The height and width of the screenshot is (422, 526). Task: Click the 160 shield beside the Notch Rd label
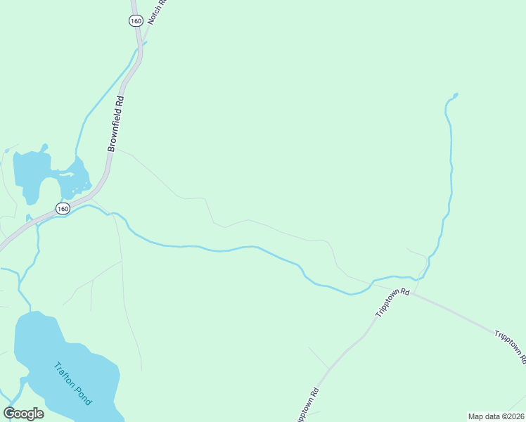pyautogui.click(x=136, y=21)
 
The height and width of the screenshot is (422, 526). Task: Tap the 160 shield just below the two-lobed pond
pyautogui.click(x=63, y=209)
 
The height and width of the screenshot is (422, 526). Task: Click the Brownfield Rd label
pyautogui.click(x=116, y=124)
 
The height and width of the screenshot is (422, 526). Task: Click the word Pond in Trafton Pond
pyautogui.click(x=82, y=395)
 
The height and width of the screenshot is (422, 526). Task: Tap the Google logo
pyautogui.click(x=23, y=413)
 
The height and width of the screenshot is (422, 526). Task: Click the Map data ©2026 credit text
pyautogui.click(x=496, y=416)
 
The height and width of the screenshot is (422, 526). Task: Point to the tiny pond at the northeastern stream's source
pyautogui.click(x=456, y=95)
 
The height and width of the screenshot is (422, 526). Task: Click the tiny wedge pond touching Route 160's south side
pyautogui.click(x=29, y=218)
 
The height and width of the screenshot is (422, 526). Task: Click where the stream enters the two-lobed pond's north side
pyautogui.click(x=77, y=159)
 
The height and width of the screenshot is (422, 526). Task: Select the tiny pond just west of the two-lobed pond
pyautogui.click(x=6, y=151)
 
